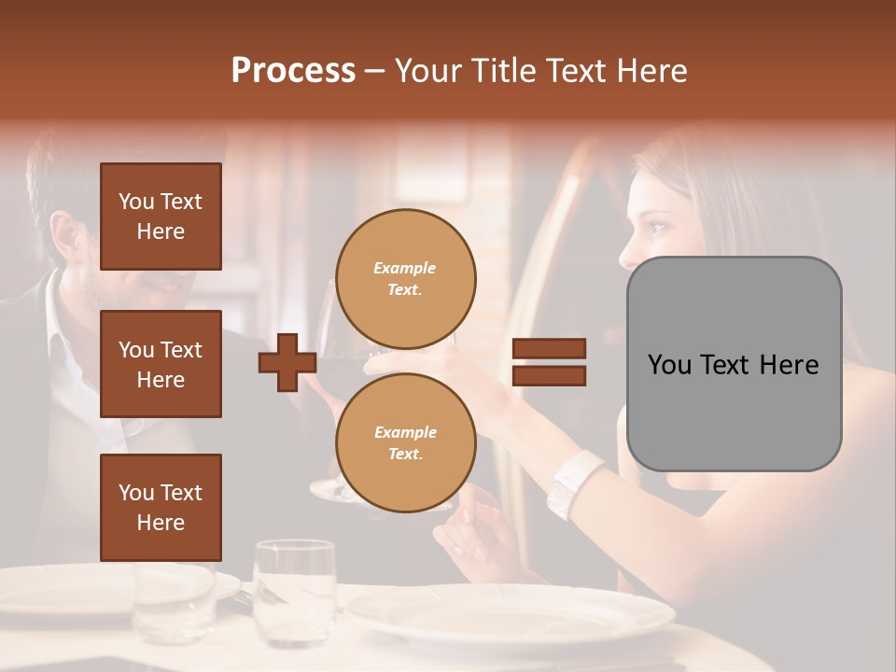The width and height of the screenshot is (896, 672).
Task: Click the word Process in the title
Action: point(293,71)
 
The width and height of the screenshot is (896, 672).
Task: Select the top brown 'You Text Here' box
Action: point(161,217)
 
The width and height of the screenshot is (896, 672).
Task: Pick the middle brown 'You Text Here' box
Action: point(161,364)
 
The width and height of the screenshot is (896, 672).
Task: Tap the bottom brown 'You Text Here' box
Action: point(161,508)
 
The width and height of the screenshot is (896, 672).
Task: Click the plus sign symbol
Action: point(287,363)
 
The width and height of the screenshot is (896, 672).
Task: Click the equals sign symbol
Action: point(549,362)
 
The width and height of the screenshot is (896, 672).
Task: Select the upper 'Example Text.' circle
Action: point(405,279)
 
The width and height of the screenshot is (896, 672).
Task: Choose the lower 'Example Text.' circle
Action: point(405,443)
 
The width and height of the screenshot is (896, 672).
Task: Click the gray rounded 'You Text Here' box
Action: point(734,364)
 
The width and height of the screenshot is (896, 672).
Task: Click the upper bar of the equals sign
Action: point(549,348)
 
